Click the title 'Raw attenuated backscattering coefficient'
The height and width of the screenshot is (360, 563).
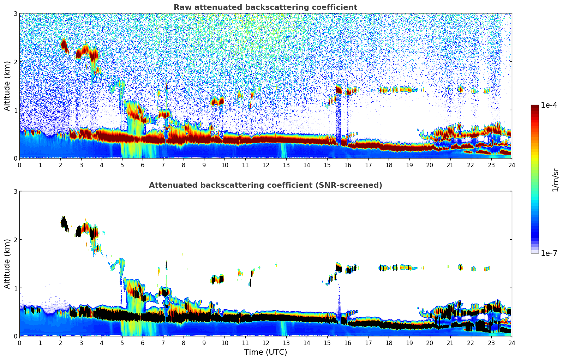point(265,7)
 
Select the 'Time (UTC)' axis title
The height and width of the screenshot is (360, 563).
point(265,352)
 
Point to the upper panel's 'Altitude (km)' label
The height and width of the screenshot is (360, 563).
point(7,86)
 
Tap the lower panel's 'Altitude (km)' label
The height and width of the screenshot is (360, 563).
point(7,264)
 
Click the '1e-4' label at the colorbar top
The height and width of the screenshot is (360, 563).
point(549,105)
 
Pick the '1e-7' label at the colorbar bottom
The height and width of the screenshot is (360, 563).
point(549,253)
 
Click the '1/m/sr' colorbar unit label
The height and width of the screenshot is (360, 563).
point(555,180)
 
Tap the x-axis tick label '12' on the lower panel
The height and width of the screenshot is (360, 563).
point(265,343)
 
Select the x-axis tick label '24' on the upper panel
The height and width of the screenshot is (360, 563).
point(511,165)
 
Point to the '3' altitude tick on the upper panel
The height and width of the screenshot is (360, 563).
point(16,14)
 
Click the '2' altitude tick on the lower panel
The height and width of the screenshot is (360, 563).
point(16,240)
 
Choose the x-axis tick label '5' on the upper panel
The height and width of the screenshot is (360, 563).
point(122,165)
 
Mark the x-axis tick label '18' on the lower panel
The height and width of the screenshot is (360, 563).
point(389,343)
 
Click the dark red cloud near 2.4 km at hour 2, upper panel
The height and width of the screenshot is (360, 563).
point(64,45)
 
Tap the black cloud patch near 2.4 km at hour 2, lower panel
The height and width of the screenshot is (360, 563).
point(64,223)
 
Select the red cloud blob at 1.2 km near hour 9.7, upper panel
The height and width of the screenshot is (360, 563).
point(220,101)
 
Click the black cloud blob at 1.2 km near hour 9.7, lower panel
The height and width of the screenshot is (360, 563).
point(220,279)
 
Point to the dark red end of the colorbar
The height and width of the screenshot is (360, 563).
point(535,108)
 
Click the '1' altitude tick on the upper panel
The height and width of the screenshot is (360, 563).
point(16,110)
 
